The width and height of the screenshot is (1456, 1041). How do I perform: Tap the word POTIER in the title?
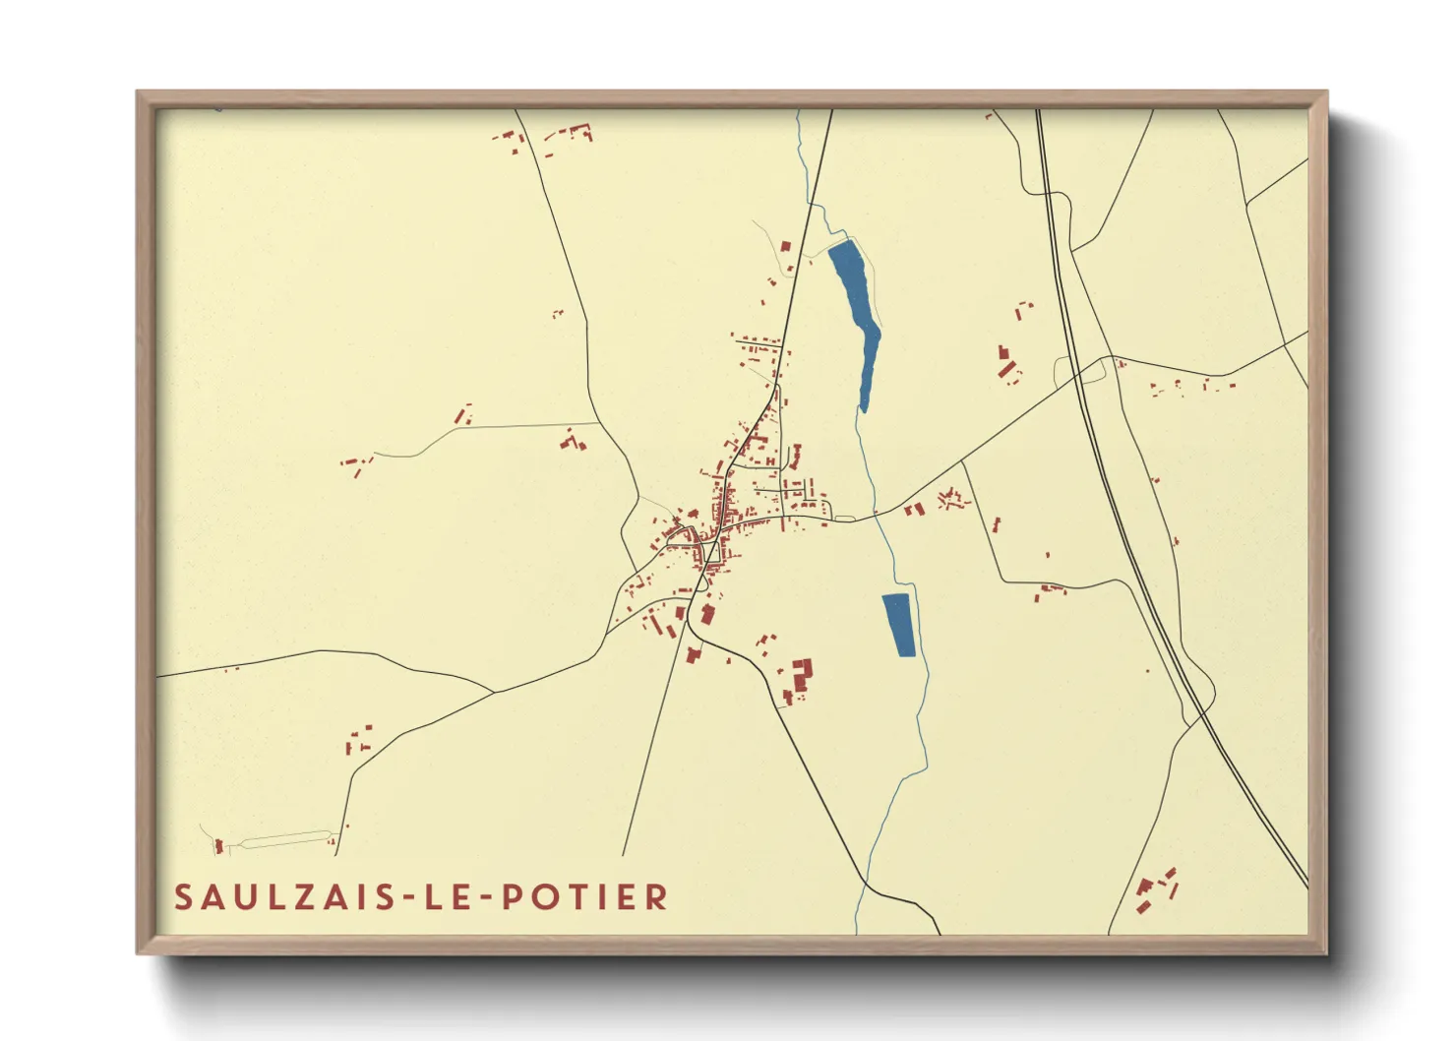point(585,897)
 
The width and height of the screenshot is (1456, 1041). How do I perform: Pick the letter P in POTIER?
point(514,897)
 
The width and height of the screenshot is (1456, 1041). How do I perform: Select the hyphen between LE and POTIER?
point(485,898)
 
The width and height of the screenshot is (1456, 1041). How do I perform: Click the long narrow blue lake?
point(857,315)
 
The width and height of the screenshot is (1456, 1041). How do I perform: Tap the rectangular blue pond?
point(898,625)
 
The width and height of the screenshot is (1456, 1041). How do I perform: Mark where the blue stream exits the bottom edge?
point(857,931)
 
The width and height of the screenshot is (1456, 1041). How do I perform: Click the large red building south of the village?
point(802,674)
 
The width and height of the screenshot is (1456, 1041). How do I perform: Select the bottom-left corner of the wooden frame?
point(139,951)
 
